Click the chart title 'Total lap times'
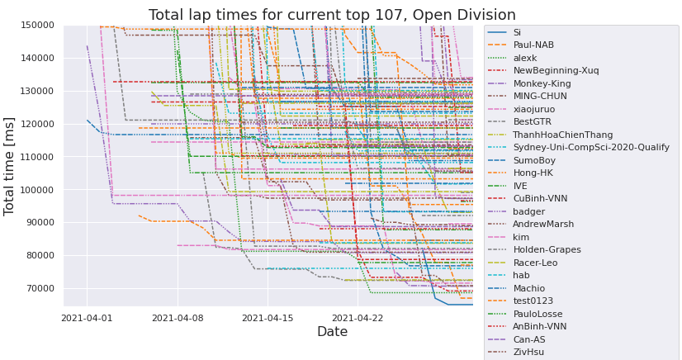coord(331,15)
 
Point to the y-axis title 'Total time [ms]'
coord(10,165)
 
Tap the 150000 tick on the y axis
coord(36,26)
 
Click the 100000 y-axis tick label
coord(36,190)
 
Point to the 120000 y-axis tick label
coord(36,124)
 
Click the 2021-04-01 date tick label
coord(88,317)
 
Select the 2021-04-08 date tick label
coord(178,317)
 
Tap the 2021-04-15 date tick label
coord(268,317)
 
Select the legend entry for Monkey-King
coord(542,83)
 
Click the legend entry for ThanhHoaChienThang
coord(561,135)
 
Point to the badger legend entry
coord(529,211)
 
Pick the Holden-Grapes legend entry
coord(547,249)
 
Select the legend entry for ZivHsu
coord(529,352)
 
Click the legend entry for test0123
coord(533,301)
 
